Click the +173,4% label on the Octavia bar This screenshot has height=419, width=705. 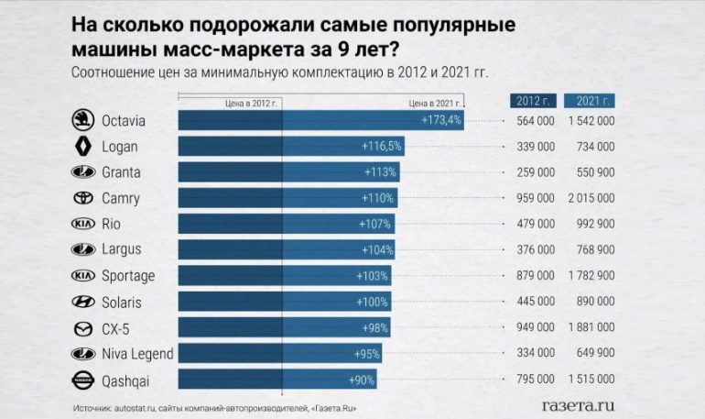[x=441, y=120]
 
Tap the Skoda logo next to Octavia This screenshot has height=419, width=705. [x=82, y=120]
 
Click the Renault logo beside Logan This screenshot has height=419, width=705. [x=82, y=147]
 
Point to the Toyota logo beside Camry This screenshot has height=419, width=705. [x=82, y=198]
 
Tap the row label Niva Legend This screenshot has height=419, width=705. [x=137, y=354]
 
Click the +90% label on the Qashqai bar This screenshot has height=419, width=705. [x=362, y=380]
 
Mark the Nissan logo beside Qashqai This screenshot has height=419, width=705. [x=82, y=380]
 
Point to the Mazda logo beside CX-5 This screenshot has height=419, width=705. [x=82, y=328]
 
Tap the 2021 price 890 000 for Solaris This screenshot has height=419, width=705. [x=594, y=302]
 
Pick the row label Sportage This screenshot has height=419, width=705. [x=128, y=276]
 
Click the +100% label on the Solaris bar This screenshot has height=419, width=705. [x=371, y=302]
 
